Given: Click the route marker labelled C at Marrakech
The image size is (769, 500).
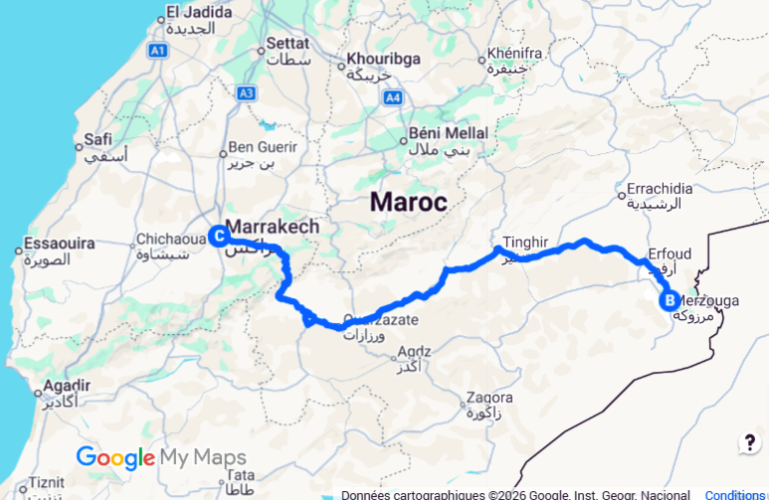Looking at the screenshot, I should coord(217,236).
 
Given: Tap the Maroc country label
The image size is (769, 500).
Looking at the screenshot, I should coord(408,202).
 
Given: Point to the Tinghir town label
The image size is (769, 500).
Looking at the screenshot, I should coord(526,242).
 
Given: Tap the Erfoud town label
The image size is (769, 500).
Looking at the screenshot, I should coord(669,254).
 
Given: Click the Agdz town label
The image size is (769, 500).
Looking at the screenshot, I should coord(413,352).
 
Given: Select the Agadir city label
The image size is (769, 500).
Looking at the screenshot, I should coord(68,385).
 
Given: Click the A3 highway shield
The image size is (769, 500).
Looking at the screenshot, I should coord(247,92).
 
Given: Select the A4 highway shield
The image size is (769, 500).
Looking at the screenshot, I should coord(394,97).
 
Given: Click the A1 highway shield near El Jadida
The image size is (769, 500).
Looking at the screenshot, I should coord(157,49).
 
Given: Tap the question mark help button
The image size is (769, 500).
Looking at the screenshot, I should coord(749,443).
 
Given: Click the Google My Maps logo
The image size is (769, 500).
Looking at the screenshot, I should coord(160,457).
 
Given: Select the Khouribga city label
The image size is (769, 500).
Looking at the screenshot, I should coord(383,59).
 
